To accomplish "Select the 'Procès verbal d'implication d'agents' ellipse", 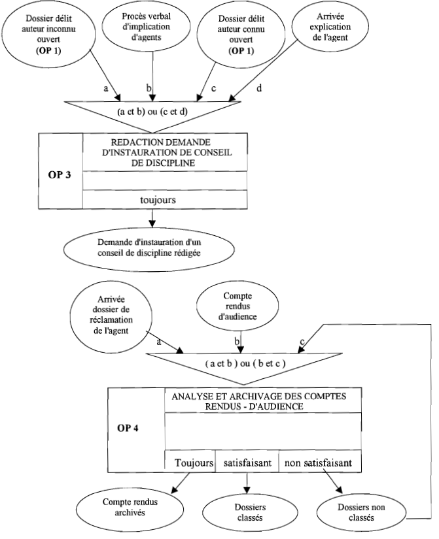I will tap(152, 27).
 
